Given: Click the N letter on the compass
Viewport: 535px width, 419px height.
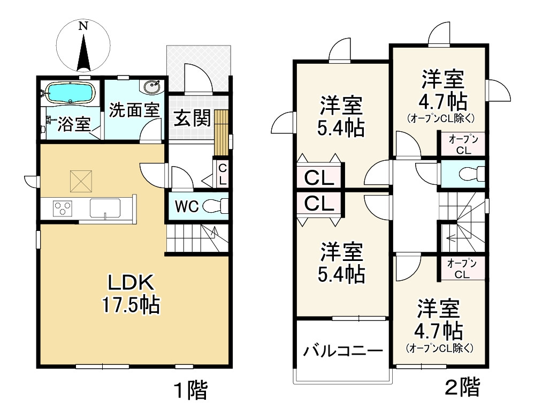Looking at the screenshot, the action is click(x=83, y=26).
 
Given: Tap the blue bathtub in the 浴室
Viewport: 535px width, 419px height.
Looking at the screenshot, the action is click(x=70, y=93).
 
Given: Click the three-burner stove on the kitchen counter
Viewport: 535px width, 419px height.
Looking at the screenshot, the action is click(x=63, y=208).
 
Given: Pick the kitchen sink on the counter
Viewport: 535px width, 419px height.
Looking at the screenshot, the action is click(x=105, y=208).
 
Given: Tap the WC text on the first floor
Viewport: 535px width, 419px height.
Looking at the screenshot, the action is click(x=187, y=206).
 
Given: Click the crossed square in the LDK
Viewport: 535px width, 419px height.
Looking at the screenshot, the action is click(x=81, y=181).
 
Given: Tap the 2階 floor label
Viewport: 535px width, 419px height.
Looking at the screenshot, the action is click(x=462, y=387).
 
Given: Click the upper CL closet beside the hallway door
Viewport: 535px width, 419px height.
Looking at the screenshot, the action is click(x=319, y=177).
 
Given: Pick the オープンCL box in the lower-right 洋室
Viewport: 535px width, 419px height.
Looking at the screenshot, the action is click(x=462, y=268).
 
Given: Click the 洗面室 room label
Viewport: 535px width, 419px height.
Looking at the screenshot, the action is click(x=134, y=110).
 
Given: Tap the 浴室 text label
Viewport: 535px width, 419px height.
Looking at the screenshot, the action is click(x=73, y=124).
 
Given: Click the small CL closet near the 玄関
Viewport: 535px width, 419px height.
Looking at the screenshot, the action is click(x=222, y=174).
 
